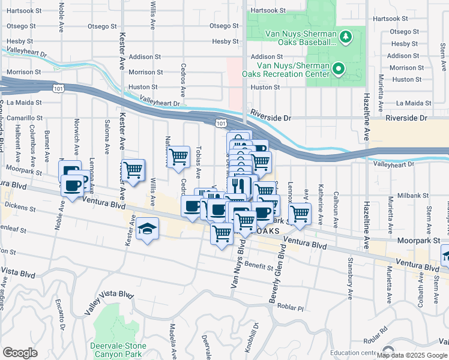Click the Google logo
click(x=20, y=353)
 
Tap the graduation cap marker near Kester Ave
click(x=146, y=229)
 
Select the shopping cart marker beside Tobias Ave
click(x=178, y=158)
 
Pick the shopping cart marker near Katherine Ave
click(x=299, y=212)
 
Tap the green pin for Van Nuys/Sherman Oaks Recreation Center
click(x=339, y=70)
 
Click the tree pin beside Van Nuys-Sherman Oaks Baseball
click(x=345, y=38)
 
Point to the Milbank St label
click(x=411, y=195)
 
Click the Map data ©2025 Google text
click(x=412, y=355)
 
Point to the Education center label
click(x=353, y=353)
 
